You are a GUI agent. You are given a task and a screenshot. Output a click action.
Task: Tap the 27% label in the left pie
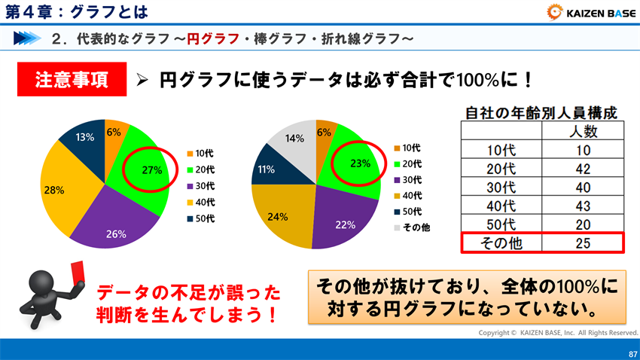tap(152, 170)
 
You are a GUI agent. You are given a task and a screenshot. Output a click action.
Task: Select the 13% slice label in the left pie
tap(84, 137)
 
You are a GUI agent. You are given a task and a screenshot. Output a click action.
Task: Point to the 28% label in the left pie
tap(53, 191)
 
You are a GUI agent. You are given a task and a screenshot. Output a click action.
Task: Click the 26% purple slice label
tap(116, 233)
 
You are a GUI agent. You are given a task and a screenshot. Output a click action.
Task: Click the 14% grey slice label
tap(294, 139)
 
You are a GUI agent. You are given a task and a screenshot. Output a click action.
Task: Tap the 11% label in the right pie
tap(266, 169)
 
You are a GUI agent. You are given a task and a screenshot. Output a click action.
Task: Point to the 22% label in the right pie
tap(345, 224)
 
